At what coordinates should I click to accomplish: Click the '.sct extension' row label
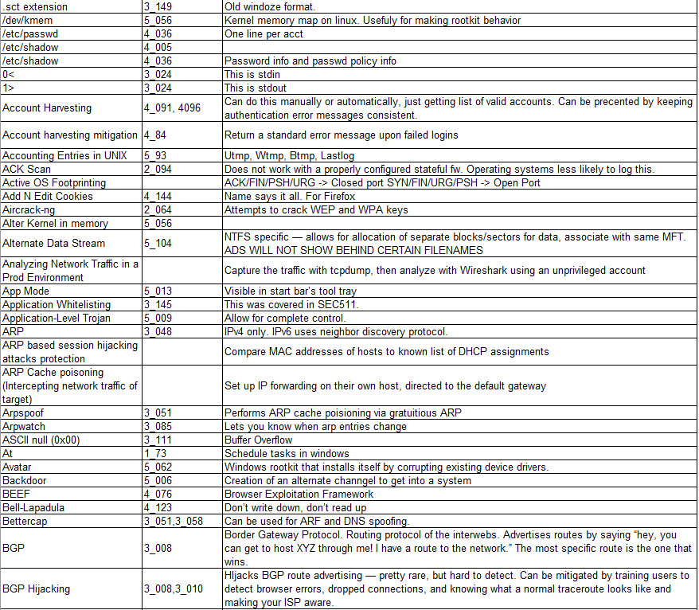pos(35,7)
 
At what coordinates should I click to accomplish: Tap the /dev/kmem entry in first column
pos(28,21)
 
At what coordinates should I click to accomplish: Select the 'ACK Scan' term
pos(27,169)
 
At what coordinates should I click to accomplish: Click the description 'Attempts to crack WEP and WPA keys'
pos(316,209)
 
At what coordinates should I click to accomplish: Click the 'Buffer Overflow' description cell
pos(259,440)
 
